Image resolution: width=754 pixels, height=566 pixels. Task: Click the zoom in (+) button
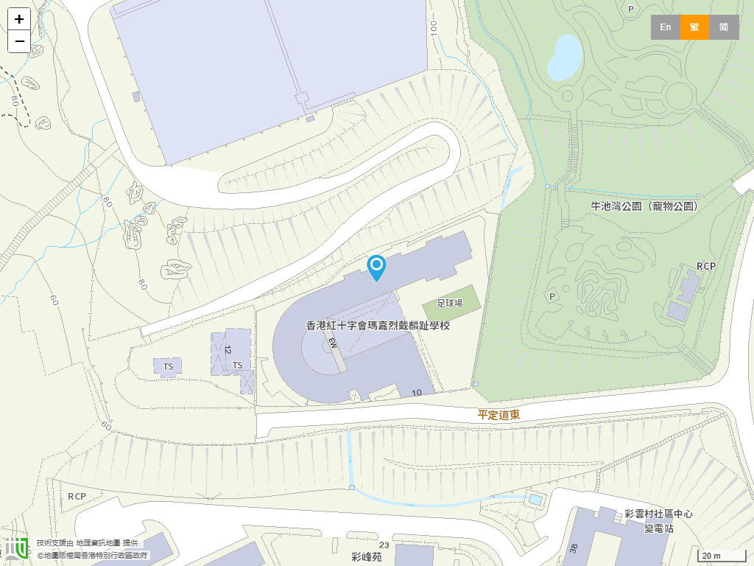point(19,19)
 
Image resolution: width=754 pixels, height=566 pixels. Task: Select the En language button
point(665,27)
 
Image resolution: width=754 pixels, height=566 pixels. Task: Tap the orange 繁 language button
point(694,27)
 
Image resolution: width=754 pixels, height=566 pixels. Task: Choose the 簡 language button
point(724,27)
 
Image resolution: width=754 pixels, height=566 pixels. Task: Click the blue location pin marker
point(376,267)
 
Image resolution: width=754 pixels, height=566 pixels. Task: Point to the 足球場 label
point(449,303)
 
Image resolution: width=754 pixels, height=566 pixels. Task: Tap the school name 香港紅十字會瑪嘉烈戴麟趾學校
point(377,325)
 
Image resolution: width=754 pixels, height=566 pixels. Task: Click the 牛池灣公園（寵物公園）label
point(644,206)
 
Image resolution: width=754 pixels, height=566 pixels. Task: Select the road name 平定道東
point(498,415)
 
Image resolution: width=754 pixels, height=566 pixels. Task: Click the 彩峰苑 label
point(367,557)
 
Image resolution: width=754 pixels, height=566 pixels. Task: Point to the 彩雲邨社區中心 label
point(658,514)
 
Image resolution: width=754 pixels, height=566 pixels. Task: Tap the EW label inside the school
point(333,343)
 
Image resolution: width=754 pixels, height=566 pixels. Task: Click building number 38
point(574,548)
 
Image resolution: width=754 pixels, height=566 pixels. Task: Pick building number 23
point(384,545)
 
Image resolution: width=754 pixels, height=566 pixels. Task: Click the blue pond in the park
point(565,57)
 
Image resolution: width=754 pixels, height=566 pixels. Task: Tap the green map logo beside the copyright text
point(17,548)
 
